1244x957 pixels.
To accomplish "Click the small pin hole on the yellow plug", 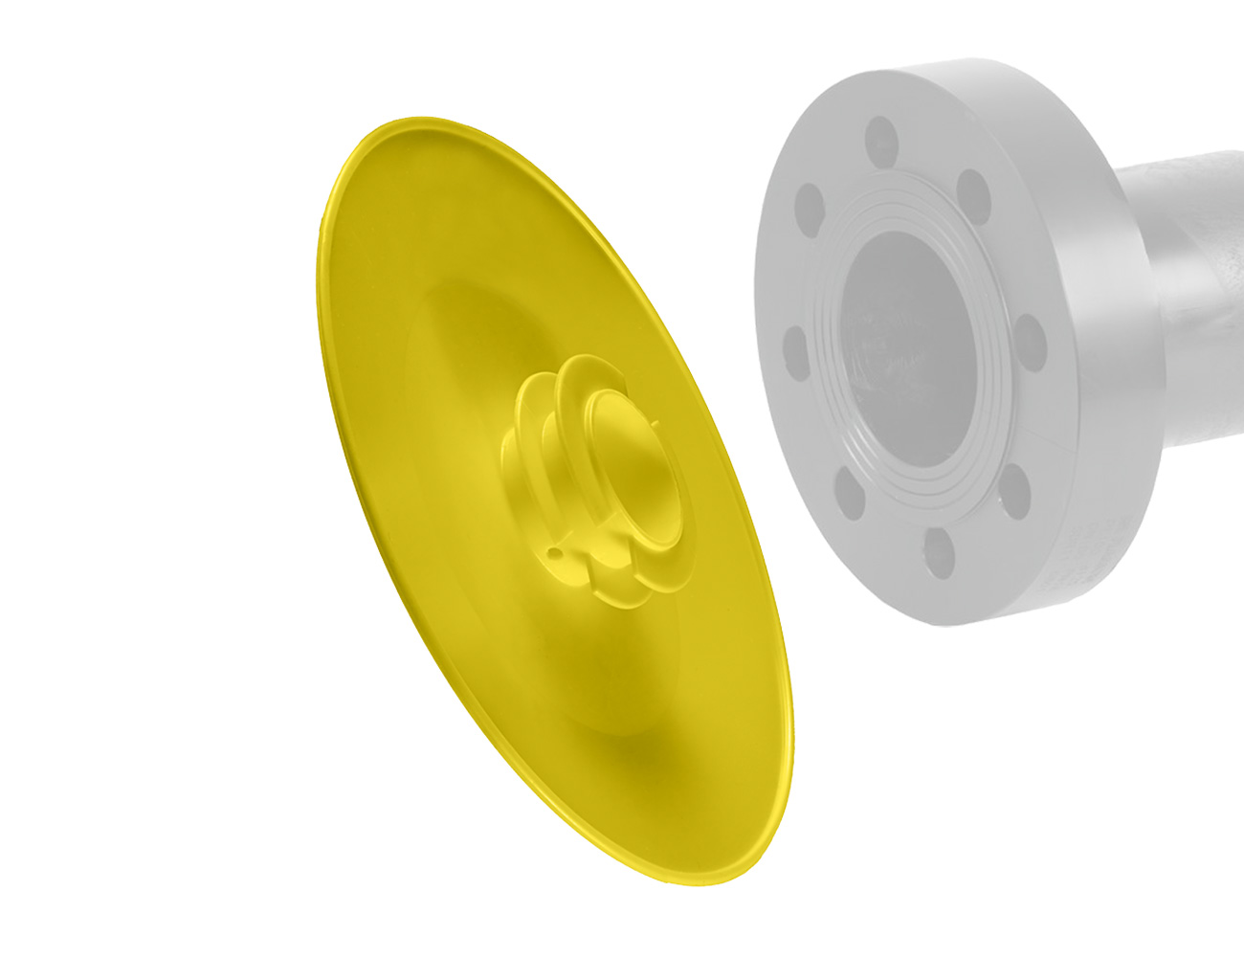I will click(552, 552).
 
